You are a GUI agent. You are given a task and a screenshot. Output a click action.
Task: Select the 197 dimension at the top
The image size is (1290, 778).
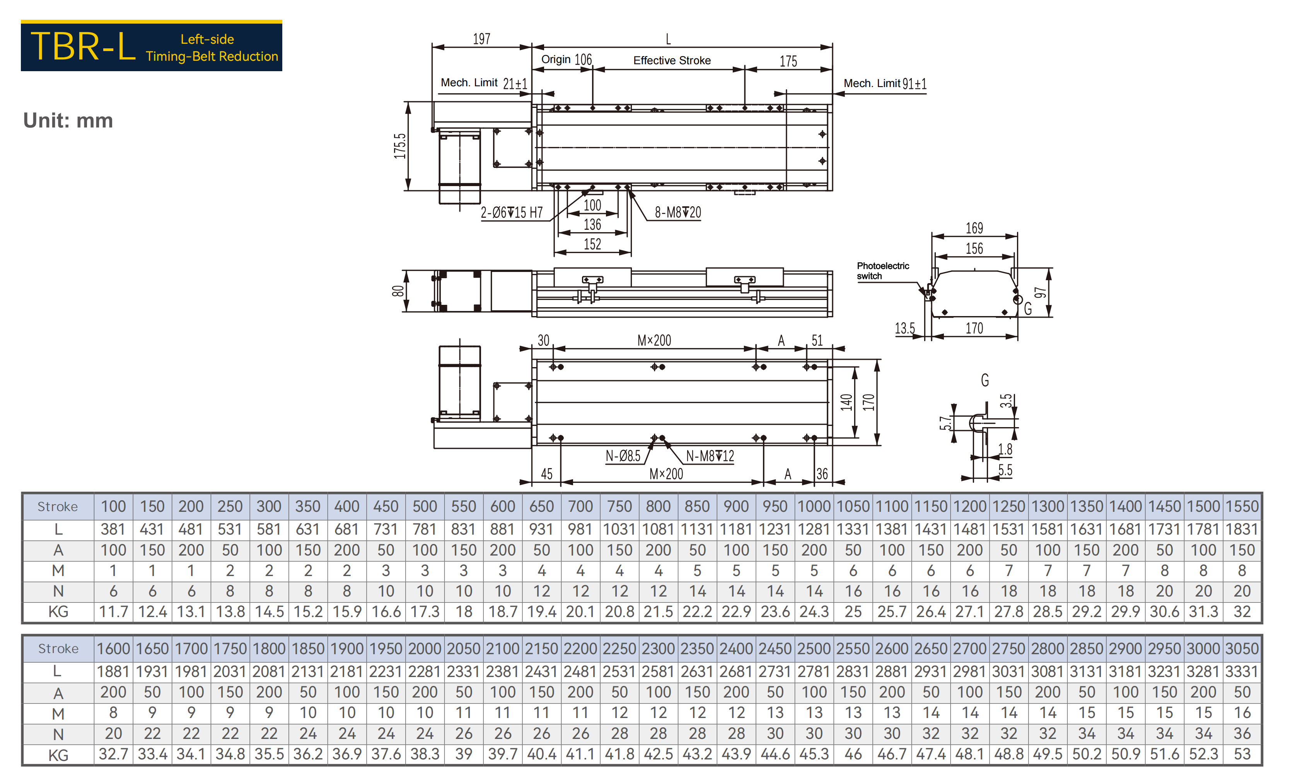tap(482, 39)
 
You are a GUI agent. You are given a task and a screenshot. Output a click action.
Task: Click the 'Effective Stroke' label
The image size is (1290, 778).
tap(672, 61)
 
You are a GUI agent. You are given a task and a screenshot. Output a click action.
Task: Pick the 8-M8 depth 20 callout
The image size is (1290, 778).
tap(678, 212)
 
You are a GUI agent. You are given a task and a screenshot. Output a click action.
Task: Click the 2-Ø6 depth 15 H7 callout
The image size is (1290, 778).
tap(512, 212)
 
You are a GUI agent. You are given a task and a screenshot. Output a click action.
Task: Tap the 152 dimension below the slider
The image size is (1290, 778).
tap(593, 244)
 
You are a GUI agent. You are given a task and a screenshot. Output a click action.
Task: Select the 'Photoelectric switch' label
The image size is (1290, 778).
tap(883, 271)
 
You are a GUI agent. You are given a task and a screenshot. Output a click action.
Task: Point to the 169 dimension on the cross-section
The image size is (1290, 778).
tap(974, 228)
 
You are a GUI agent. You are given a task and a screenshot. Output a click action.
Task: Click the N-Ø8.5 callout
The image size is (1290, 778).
tap(623, 456)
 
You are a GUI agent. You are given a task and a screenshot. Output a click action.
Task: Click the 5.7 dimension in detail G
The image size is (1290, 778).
tap(945, 423)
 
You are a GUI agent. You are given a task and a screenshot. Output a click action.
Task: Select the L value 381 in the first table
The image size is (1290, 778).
tap(113, 529)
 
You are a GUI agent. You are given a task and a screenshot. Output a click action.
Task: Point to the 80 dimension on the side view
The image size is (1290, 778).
tap(398, 291)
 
